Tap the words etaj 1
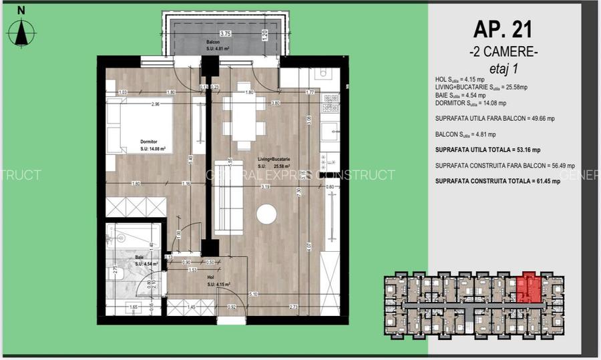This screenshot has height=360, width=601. coord(504,67)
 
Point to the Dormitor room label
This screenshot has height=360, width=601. coord(149,142)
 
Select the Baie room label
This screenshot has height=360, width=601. coord(140,256)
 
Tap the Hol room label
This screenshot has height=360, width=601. coord(210,277)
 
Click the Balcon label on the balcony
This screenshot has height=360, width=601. coord(213,41)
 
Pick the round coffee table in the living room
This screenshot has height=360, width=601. coord(266,214)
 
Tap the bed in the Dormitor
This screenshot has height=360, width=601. coord(146,127)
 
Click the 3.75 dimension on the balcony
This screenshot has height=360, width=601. coord(225,33)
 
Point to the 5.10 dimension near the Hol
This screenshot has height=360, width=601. coord(253,293)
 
